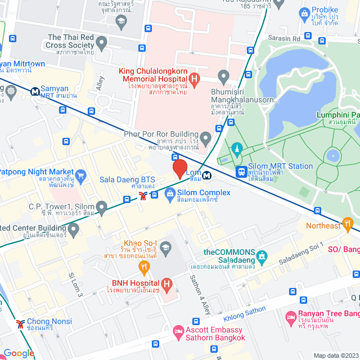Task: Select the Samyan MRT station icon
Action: (x=35, y=90)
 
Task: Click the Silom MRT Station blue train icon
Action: (x=241, y=172)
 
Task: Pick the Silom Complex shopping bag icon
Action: (x=169, y=194)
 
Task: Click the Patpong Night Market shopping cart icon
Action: (x=80, y=175)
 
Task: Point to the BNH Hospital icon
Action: (x=166, y=284)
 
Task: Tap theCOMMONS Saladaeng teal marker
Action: (x=262, y=257)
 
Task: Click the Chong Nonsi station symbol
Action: (x=20, y=324)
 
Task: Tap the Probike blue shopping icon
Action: (x=304, y=12)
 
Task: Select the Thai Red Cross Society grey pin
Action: (x=102, y=42)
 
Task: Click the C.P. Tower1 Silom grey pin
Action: (x=101, y=209)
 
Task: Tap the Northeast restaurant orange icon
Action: (x=348, y=225)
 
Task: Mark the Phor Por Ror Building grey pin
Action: (x=206, y=137)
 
